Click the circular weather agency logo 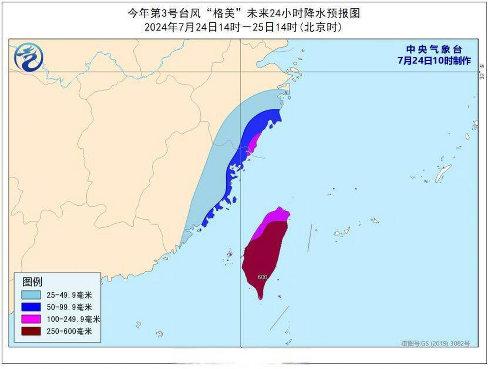pos(29,57)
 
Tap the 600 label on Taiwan pos(262,277)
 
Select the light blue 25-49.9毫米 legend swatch pos(31,295)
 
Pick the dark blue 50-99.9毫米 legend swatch pos(31,307)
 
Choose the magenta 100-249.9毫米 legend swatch pos(31,319)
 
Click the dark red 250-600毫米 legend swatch pos(31,331)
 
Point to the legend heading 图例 pos(32,282)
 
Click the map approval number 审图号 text pos(436,343)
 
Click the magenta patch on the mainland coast pos(254,144)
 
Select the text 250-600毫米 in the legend pos(69,331)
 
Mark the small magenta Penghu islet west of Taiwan pos(230,254)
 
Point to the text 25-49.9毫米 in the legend pos(69,295)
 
